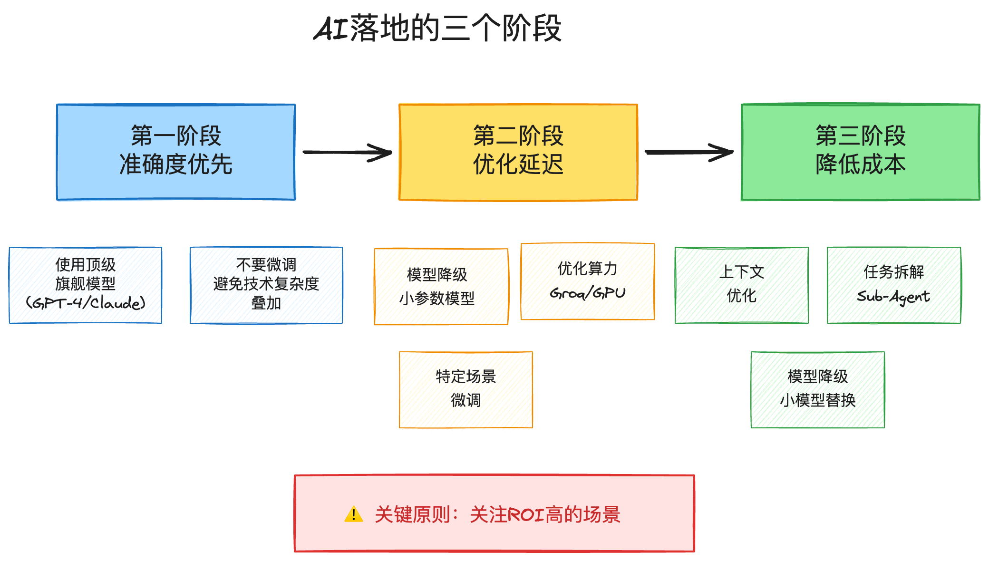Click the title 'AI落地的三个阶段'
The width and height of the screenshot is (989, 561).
437,29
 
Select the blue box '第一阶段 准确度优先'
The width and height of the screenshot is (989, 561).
176,152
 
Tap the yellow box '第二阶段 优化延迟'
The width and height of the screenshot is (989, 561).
518,152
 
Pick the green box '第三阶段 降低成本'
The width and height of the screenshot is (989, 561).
861,152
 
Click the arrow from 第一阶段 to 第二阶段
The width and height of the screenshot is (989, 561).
347,152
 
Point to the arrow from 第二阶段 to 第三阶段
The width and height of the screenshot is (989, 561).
689,152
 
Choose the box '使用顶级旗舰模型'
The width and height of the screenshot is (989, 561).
86,285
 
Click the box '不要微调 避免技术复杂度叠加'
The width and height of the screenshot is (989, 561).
266,285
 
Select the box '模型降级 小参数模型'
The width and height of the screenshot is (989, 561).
441,287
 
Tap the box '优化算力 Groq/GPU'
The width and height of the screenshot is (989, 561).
588,281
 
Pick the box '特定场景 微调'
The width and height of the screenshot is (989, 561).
466,390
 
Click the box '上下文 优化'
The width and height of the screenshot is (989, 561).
742,285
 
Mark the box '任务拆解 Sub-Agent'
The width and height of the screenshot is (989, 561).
894,285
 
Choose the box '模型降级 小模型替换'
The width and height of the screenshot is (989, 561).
818,390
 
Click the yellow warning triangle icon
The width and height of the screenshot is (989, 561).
354,514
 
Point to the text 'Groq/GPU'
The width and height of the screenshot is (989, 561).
588,293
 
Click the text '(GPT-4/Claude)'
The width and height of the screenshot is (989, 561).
86,303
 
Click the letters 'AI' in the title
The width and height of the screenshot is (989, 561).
331,29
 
